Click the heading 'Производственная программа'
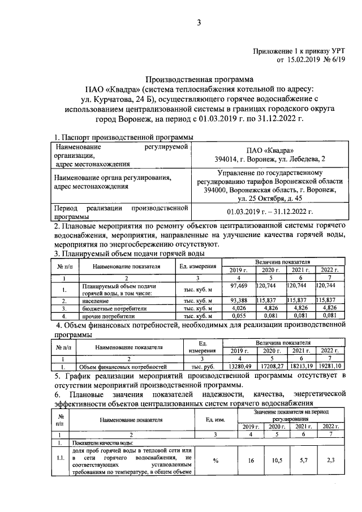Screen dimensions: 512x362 point(199,79)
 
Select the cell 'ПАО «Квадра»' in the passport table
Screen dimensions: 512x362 point(266,150)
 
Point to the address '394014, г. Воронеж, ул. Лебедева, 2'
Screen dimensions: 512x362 point(266,160)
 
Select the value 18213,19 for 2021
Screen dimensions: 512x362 point(300,367)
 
